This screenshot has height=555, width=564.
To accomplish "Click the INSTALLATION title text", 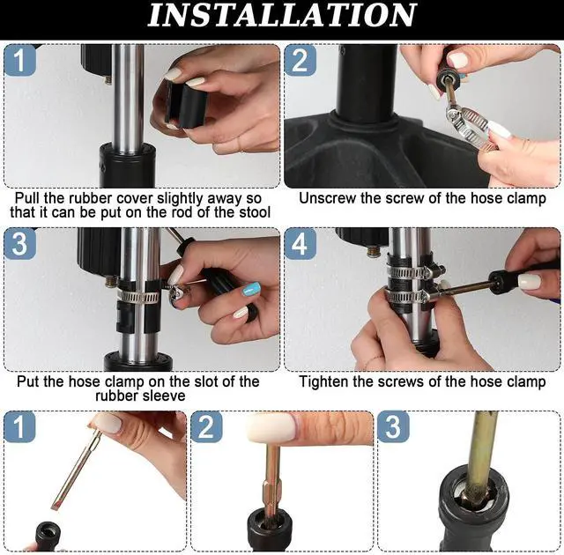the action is coord(282,15).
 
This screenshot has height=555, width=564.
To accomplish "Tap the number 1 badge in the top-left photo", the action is coord(19,61).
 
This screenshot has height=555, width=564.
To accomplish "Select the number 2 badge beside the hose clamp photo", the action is coord(300,61).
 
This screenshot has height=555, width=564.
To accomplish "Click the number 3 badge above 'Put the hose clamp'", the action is coord(19,244).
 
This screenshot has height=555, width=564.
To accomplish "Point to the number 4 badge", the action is coord(300,244).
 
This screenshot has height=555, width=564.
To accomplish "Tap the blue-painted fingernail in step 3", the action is coord(251,289).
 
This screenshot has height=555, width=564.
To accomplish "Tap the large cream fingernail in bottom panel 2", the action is coord(272,427).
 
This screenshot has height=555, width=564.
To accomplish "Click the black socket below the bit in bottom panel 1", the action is coord(48,536).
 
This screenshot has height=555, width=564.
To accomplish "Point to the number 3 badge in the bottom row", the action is coord(393,427).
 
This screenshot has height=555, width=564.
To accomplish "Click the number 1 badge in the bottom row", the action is coord(19,427).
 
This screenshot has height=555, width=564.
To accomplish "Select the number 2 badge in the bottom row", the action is coord(206,427).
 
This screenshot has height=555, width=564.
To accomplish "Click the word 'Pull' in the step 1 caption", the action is coord(27,198).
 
